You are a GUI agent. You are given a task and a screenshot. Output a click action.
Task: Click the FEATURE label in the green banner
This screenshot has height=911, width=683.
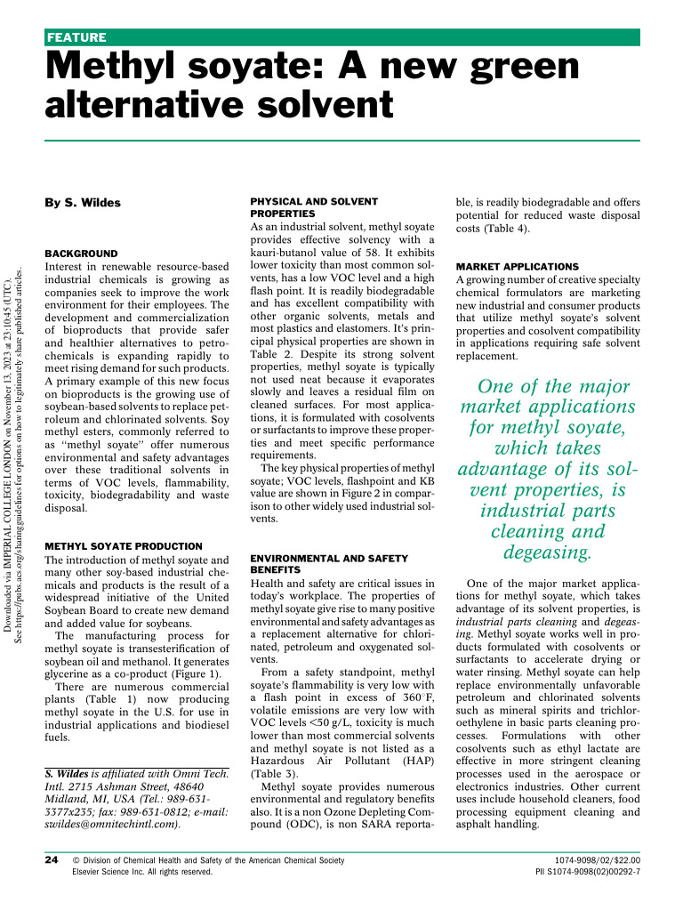point(76,37)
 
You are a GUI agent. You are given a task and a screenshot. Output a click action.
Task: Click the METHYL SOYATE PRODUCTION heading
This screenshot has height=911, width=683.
point(124,546)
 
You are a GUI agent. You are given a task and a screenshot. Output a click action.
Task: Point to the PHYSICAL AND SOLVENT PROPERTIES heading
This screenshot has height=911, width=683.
point(314,208)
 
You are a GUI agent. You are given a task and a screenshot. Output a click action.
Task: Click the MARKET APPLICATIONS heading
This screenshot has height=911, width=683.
point(517,267)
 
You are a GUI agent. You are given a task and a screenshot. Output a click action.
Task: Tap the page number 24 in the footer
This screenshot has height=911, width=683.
point(52,860)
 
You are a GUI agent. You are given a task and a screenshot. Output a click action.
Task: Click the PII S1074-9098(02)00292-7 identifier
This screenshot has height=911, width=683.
point(587,873)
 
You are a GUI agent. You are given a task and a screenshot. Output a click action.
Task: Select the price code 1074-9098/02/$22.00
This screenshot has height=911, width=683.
point(602,860)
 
